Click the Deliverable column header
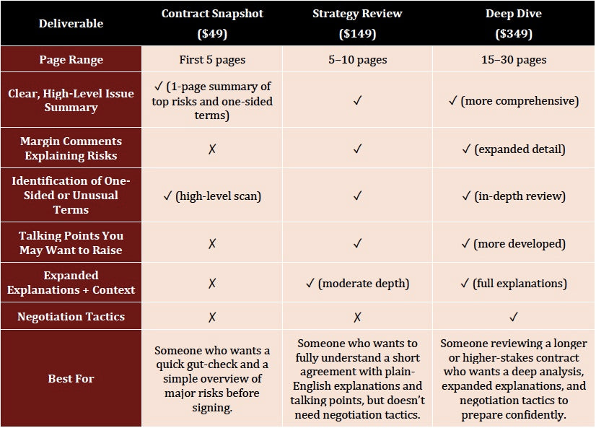[71, 23]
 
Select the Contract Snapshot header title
[212, 14]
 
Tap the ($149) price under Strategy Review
[357, 34]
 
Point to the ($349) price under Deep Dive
[514, 34]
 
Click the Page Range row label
[71, 60]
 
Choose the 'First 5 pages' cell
[212, 60]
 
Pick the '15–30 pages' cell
[514, 60]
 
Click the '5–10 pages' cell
[357, 60]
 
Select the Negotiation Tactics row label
[71, 316]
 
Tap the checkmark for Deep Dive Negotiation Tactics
[514, 316]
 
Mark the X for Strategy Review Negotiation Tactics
[357, 316]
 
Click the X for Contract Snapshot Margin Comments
[212, 149]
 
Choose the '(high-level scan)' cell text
[219, 195]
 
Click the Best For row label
[71, 378]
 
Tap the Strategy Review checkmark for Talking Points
[357, 243]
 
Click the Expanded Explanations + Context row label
[71, 282]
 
